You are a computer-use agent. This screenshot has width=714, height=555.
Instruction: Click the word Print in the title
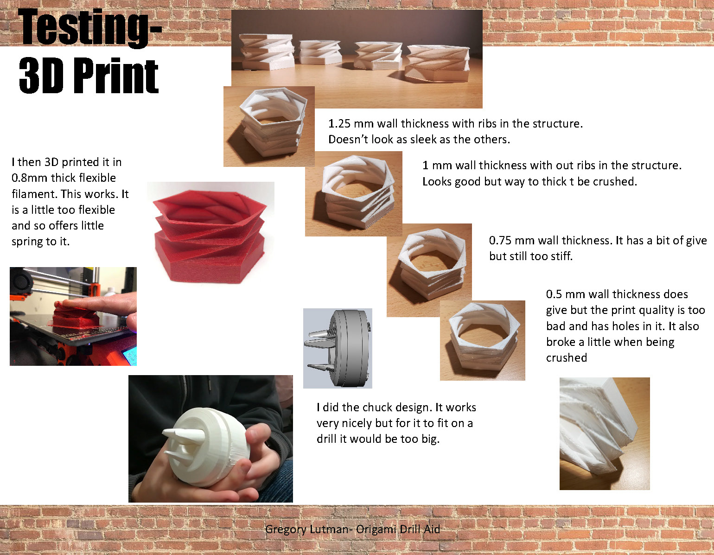pos(116,76)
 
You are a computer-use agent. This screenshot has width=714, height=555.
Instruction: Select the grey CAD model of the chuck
pos(338,348)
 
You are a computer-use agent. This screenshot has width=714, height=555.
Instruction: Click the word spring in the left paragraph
pos(27,242)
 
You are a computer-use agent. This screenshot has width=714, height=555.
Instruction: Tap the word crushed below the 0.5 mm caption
pos(567,357)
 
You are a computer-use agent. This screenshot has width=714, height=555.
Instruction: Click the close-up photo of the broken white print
pos(605,434)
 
